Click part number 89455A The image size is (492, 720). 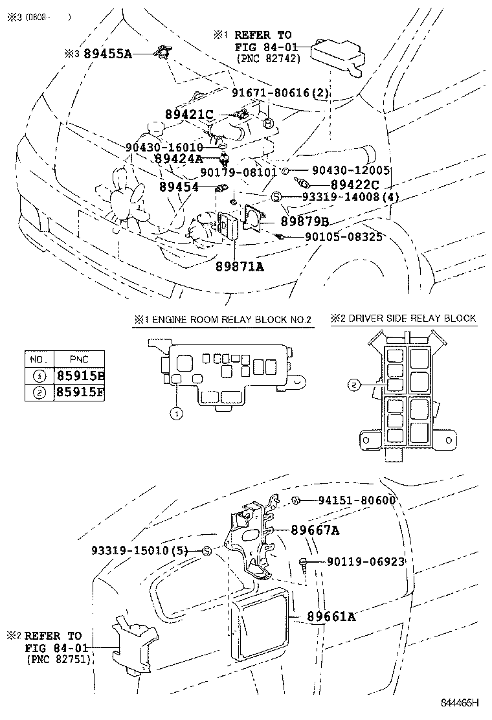click(x=107, y=54)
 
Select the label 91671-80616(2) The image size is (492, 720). click(x=280, y=93)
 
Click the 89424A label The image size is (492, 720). click(x=179, y=158)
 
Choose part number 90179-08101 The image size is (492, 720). click(x=238, y=172)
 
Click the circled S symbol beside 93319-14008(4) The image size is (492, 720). click(x=275, y=196)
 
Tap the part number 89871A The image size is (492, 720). click(x=240, y=265)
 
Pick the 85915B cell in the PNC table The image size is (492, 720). click(x=80, y=375)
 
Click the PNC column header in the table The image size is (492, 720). click(x=80, y=359)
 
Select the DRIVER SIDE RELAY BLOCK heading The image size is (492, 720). click(x=403, y=318)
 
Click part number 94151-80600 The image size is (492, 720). click(x=356, y=501)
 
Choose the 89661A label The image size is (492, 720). click(x=331, y=616)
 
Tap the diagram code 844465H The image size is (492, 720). click(x=460, y=702)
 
